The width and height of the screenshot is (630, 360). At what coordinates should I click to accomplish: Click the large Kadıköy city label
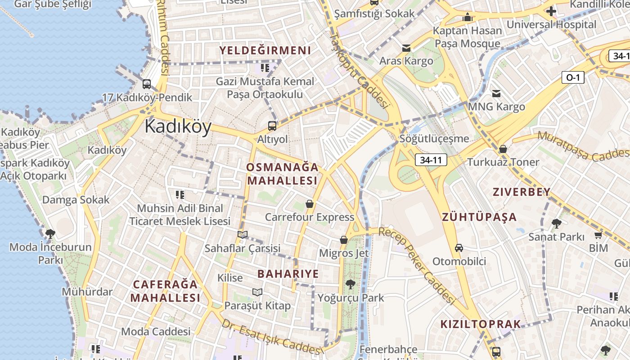point(178,127)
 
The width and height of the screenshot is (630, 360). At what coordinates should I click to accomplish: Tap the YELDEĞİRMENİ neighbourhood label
point(265,50)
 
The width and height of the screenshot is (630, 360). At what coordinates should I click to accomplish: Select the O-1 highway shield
point(572,77)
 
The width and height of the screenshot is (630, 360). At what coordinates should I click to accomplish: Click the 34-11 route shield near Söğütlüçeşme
point(430,160)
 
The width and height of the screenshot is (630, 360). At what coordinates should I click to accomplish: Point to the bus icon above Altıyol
point(272,126)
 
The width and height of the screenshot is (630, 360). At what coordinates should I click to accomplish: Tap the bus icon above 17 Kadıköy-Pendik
point(146,84)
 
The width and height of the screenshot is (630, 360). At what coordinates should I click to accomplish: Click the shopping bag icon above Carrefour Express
point(309,204)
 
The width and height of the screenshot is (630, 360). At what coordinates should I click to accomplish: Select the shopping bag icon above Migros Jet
point(344,240)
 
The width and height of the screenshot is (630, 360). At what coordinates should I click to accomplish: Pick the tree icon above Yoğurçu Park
point(351,284)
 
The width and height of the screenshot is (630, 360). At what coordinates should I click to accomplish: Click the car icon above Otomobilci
point(459,248)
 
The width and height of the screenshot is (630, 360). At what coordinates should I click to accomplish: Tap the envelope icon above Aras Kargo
point(406,48)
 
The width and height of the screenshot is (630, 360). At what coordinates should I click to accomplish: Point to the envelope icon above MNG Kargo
point(496,94)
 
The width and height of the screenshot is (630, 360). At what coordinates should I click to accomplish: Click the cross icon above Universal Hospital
point(551,11)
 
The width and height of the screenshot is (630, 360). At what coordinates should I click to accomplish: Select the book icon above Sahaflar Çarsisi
point(242,234)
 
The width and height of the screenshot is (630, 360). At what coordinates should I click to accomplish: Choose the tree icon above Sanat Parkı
point(557,223)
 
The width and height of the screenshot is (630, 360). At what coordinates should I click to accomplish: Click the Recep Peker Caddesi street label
point(417,265)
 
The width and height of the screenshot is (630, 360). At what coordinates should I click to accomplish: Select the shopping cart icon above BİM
point(598,235)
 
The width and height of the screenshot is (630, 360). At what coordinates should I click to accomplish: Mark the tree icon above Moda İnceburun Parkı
point(50,234)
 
